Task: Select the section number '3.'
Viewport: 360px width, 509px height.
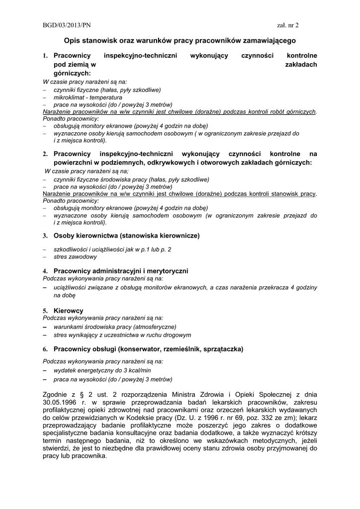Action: (x=45, y=235)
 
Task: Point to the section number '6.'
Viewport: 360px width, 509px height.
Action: (x=45, y=349)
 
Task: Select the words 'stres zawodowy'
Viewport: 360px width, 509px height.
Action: (x=75, y=257)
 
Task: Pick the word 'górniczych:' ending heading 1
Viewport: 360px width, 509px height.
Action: (x=72, y=73)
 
